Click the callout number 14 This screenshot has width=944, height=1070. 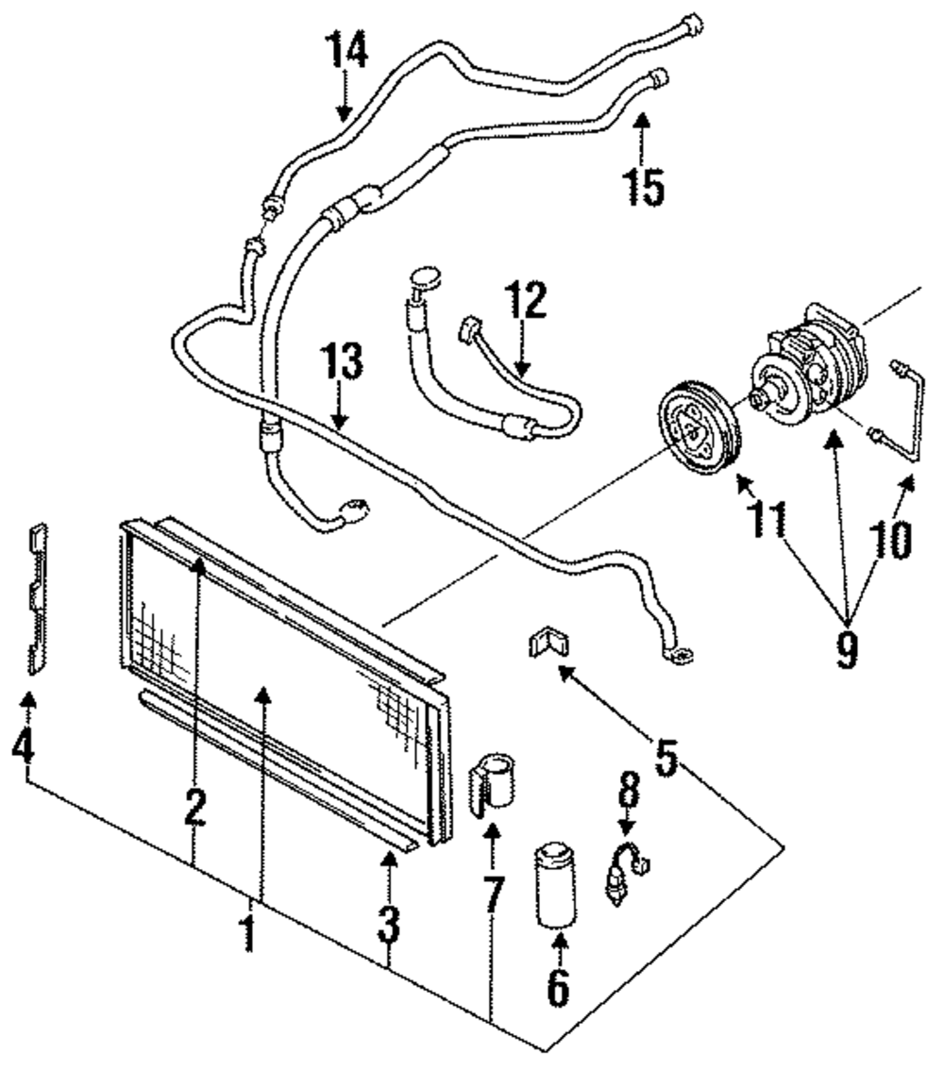(348, 49)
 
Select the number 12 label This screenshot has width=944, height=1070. (526, 299)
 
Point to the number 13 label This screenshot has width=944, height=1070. (342, 361)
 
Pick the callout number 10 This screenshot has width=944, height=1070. (891, 540)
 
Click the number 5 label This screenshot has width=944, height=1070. (666, 757)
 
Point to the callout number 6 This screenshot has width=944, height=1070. (558, 987)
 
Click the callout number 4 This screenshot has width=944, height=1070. (23, 745)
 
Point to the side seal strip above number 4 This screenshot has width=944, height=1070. (37, 598)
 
